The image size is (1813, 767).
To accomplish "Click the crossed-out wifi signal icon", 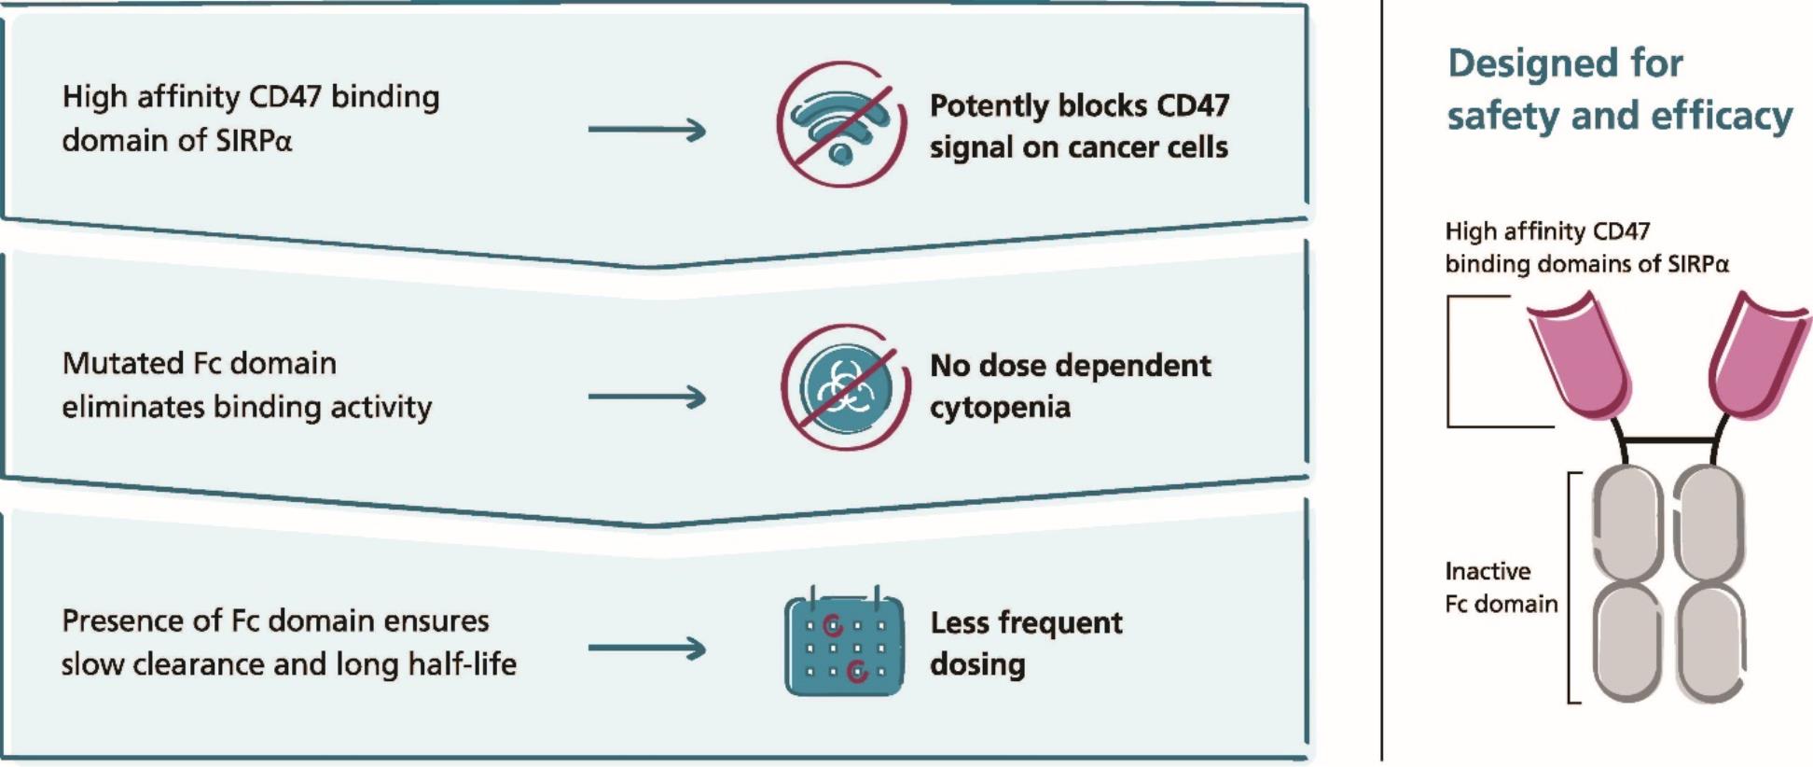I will coord(841,125).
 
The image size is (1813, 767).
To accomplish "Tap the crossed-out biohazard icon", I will coord(845,387).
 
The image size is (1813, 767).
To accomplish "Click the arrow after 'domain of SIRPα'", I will coord(647,130).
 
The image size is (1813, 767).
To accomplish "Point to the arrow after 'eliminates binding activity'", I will coord(647,397).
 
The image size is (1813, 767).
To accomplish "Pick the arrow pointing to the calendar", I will coord(647,648).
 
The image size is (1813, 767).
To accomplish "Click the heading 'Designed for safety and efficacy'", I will coord(1618,90).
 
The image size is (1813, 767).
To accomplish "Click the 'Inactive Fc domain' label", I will coord(1501,588).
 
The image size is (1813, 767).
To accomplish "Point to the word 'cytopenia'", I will coord(1000,408).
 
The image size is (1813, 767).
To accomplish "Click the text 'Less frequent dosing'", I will coord(1026,643).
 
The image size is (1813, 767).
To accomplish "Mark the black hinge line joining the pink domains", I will coord(1668,439).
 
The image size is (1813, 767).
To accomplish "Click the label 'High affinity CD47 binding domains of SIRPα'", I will coord(1586,247).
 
